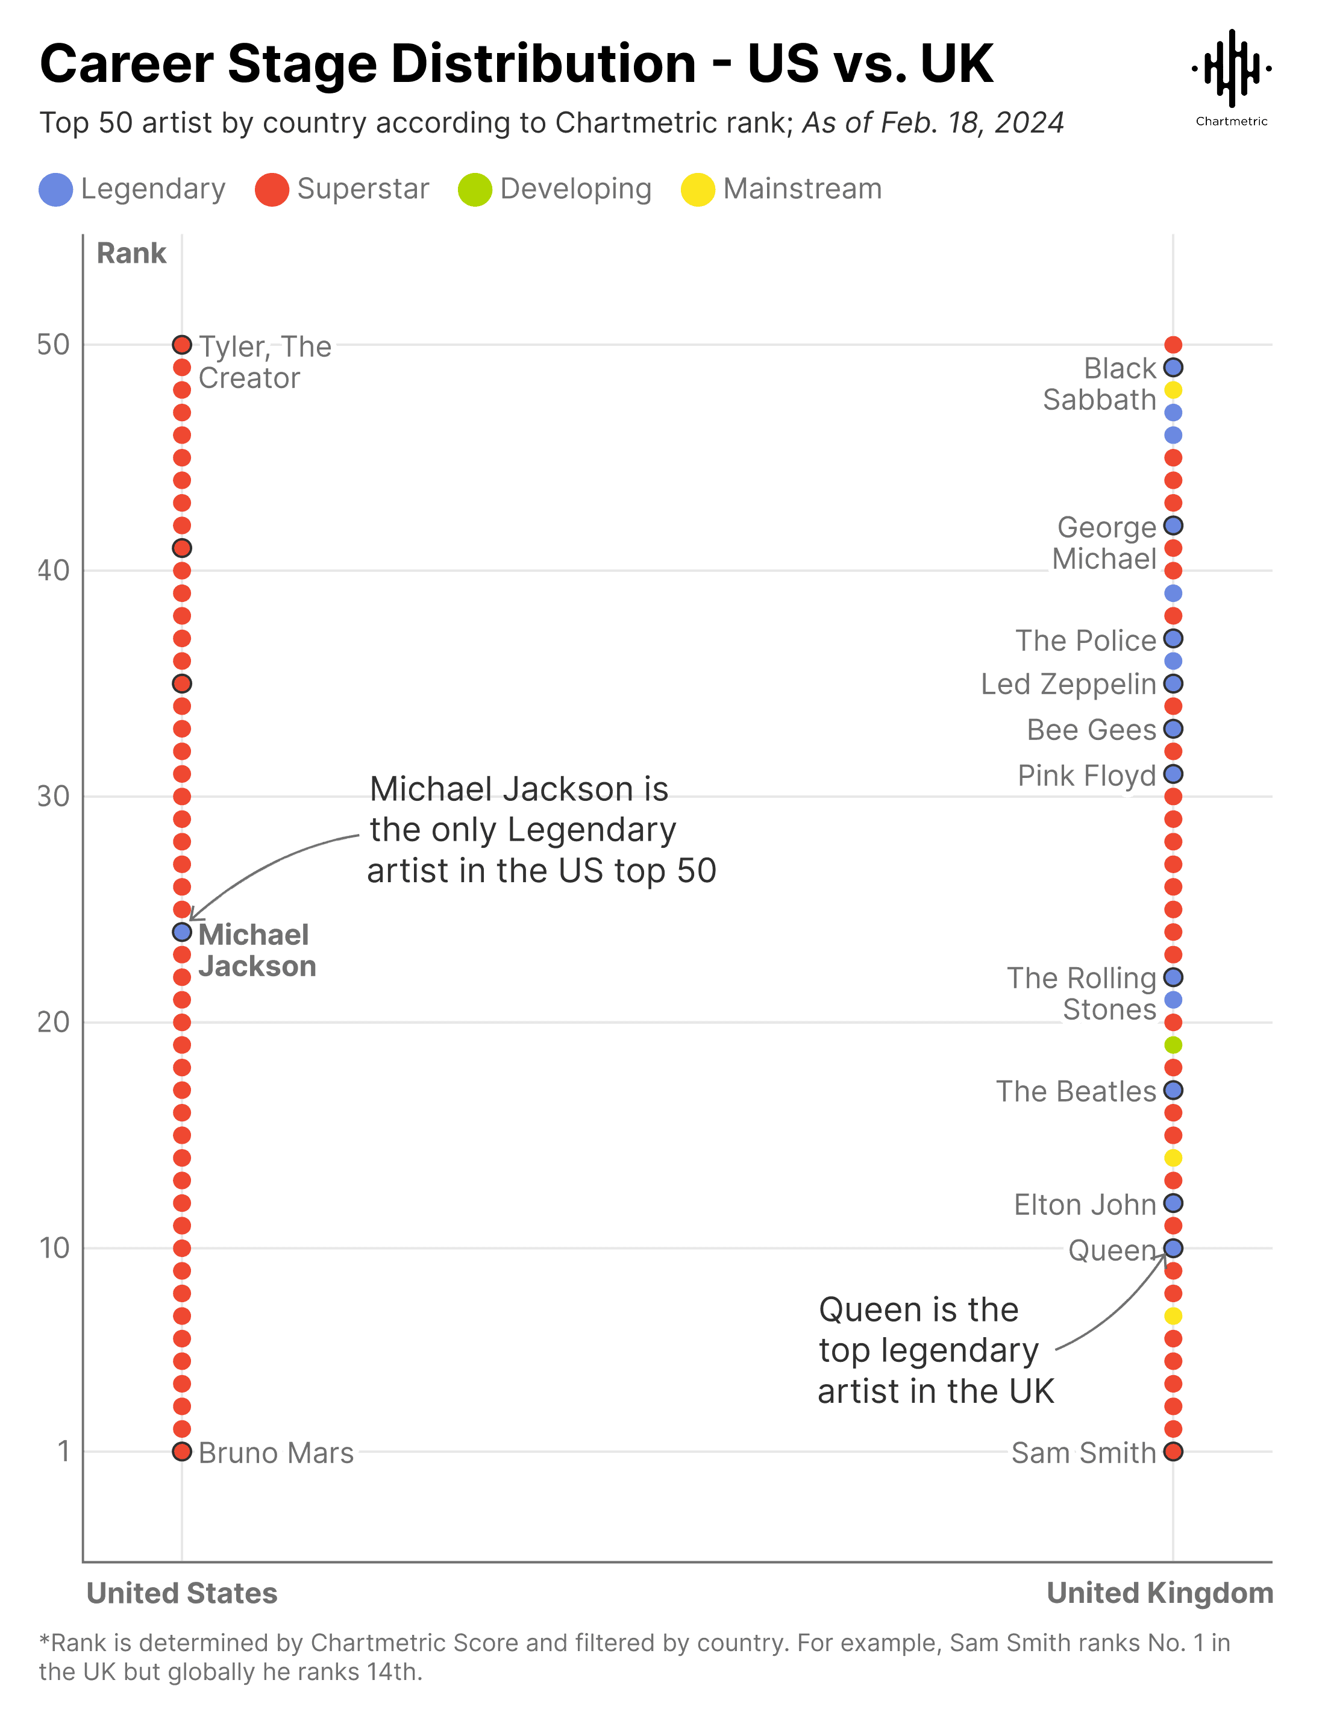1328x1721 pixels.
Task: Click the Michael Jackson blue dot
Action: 182,932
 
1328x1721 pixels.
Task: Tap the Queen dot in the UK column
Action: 1173,1248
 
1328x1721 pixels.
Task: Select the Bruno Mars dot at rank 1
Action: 182,1452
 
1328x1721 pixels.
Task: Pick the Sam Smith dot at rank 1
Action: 1173,1452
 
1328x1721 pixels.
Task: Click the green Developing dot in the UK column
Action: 1173,1045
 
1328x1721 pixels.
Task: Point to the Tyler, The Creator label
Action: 264,363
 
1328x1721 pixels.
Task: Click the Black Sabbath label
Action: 1100,384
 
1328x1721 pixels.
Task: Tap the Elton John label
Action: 1085,1205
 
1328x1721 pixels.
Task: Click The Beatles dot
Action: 1173,1091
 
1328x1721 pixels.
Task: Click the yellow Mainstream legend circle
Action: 698,189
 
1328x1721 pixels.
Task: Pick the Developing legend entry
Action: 555,189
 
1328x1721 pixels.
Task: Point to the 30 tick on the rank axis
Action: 54,797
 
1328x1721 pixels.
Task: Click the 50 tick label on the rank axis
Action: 54,345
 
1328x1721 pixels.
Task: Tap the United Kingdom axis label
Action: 1159,1593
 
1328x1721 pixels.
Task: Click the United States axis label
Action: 182,1593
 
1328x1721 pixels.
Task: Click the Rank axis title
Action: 131,253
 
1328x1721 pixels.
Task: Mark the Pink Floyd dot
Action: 1173,774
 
